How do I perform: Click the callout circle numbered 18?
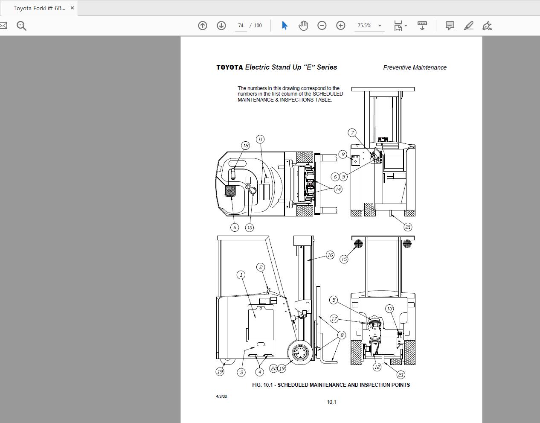pyautogui.click(x=245, y=146)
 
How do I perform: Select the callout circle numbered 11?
pyautogui.click(x=260, y=139)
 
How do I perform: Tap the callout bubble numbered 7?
pyautogui.click(x=352, y=133)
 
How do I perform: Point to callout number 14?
pyautogui.click(x=338, y=189)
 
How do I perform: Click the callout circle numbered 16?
pyautogui.click(x=330, y=255)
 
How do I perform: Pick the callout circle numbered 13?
pyautogui.click(x=389, y=309)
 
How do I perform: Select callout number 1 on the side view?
pyautogui.click(x=241, y=274)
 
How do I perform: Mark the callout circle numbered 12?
pyautogui.click(x=377, y=367)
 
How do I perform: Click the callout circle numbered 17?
pyautogui.click(x=334, y=318)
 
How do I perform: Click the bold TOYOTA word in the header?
pyautogui.click(x=229, y=67)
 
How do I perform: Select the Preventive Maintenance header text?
pyautogui.click(x=415, y=67)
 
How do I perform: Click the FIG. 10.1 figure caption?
pyautogui.click(x=331, y=385)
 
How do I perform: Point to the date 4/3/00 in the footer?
pyautogui.click(x=221, y=396)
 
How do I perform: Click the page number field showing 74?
pyautogui.click(x=241, y=26)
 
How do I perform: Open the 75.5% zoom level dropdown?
pyautogui.click(x=380, y=26)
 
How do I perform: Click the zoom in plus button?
pyautogui.click(x=340, y=26)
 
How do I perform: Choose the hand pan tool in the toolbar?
pyautogui.click(x=303, y=26)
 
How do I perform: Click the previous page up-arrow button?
pyautogui.click(x=203, y=26)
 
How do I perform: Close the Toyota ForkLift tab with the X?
pyautogui.click(x=72, y=8)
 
